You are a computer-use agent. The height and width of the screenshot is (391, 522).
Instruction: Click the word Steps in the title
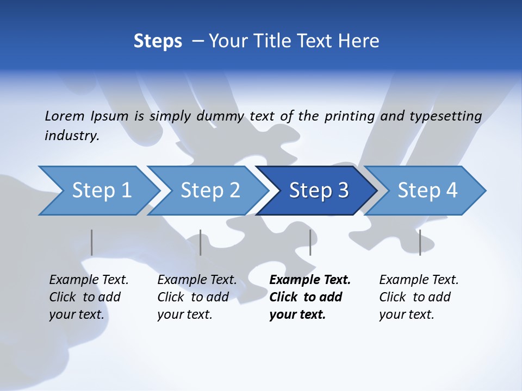158,41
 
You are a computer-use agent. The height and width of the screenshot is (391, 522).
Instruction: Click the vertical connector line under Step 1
92,242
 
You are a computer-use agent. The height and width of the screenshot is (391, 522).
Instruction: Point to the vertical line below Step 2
201,242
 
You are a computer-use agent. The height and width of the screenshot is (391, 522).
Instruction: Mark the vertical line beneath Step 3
310,242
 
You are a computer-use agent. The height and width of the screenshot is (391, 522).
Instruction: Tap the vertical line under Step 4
420,242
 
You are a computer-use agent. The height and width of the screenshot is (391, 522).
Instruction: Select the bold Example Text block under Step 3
310,297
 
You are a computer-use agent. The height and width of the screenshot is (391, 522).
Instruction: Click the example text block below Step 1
89,297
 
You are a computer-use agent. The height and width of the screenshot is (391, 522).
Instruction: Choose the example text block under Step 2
197,297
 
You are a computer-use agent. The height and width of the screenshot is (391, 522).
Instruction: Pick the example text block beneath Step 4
419,297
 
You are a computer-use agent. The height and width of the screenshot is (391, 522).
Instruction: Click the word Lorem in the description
65,116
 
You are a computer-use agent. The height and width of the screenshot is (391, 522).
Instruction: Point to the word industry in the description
71,136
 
